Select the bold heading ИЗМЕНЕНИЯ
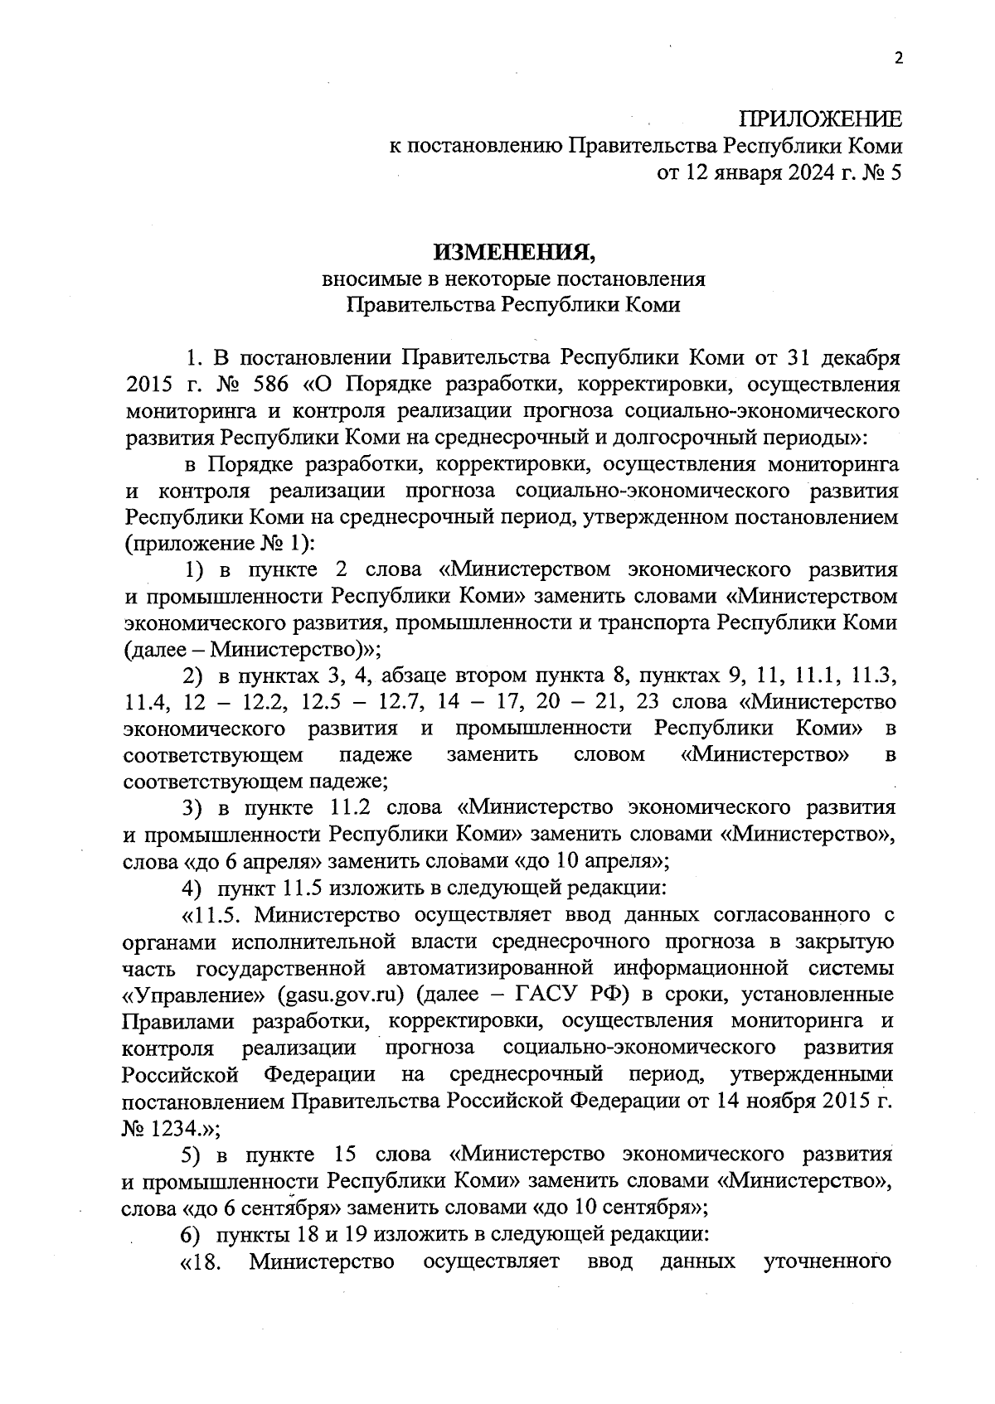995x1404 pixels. pyautogui.click(x=513, y=249)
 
